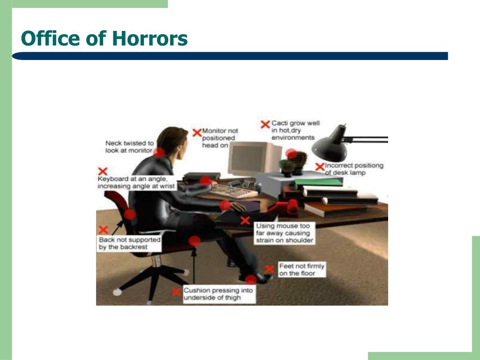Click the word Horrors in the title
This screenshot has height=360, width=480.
click(x=150, y=38)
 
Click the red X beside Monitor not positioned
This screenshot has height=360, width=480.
click(x=197, y=133)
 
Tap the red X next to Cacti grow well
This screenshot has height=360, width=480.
click(x=265, y=124)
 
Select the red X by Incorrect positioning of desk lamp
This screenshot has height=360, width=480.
click(x=320, y=167)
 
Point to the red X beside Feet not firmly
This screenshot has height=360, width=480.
click(x=270, y=269)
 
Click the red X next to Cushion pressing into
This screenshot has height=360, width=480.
click(x=176, y=292)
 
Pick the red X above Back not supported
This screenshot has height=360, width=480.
click(x=104, y=230)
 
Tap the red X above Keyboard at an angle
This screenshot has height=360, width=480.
click(x=103, y=171)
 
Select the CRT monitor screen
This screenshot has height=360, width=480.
click(x=247, y=158)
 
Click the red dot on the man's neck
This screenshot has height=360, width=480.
click(x=159, y=152)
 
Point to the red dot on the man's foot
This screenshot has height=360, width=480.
click(x=251, y=279)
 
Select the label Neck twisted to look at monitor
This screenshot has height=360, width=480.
click(x=129, y=147)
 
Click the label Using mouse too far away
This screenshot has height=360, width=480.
click(x=285, y=233)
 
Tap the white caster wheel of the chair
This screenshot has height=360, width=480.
click(x=117, y=292)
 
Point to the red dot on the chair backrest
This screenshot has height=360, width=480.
click(x=130, y=214)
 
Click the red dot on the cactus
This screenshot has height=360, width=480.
click(x=291, y=154)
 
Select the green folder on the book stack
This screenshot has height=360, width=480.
click(x=318, y=182)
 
